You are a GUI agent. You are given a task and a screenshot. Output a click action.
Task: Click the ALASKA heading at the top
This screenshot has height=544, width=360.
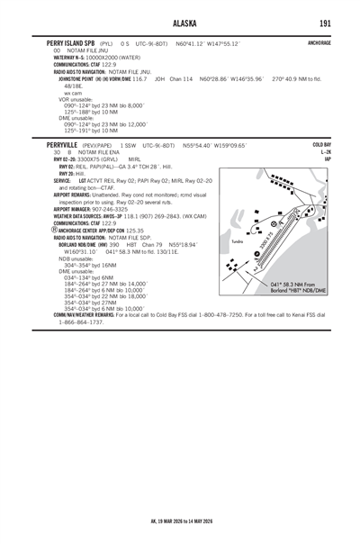pyautogui.click(x=180, y=22)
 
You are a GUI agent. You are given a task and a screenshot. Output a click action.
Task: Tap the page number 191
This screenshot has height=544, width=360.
pyautogui.click(x=323, y=22)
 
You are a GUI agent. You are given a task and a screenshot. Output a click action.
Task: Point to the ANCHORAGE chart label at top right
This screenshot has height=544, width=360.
pyautogui.click(x=319, y=42)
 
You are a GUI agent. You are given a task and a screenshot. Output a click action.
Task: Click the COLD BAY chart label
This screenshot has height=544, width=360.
pyautogui.click(x=321, y=144)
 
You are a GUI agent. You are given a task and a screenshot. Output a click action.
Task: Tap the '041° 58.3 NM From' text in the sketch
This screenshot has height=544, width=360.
pyautogui.click(x=296, y=284)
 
